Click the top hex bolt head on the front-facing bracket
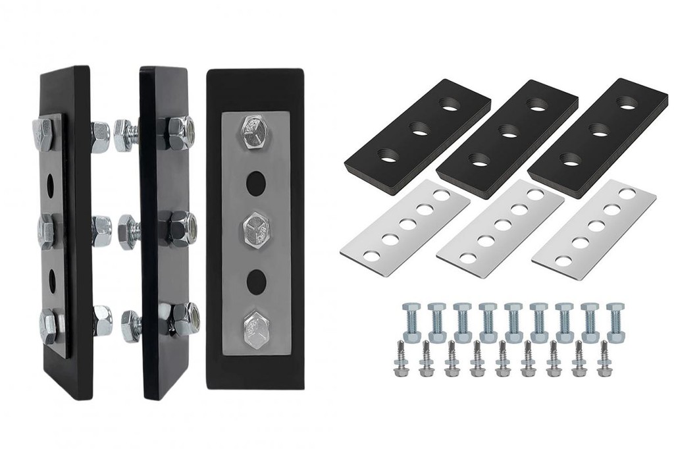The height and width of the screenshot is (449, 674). pos(254,133)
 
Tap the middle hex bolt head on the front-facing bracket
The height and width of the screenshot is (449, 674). pos(256,227)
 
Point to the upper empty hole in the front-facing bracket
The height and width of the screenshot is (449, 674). pos(256,182)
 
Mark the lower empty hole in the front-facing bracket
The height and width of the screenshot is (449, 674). pos(256,281)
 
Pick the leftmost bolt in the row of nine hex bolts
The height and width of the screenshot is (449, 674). pos(412,322)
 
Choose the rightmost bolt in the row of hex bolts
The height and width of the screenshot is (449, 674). pos(615,322)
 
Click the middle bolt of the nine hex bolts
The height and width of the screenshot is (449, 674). pos(514,322)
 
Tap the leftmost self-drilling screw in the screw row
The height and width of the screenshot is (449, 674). pos(402,359)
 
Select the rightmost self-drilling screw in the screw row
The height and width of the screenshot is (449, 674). pos(602,359)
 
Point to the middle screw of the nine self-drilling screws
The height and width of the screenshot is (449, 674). pos(502,359)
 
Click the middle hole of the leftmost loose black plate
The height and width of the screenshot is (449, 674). pos(417,129)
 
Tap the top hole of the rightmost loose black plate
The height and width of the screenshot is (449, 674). pos(627,103)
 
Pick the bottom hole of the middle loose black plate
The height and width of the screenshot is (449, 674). pos(480,159)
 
